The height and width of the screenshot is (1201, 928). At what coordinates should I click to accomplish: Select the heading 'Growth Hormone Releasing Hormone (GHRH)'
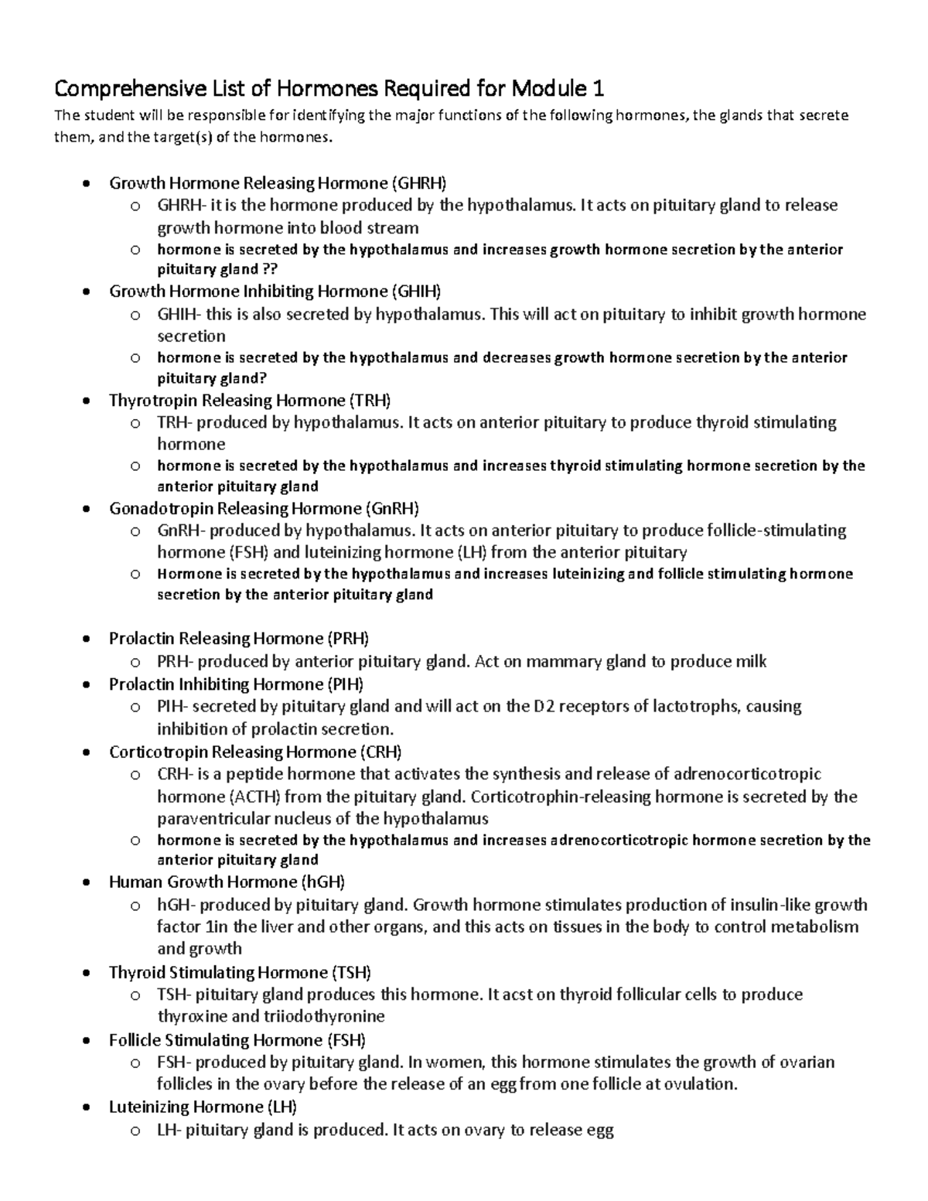tap(278, 183)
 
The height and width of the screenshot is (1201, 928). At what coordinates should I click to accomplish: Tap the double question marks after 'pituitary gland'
tap(271, 270)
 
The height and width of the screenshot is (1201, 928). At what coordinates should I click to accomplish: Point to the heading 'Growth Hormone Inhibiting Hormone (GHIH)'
tap(275, 292)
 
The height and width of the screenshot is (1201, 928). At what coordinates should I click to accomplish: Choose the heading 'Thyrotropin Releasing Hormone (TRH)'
tap(250, 401)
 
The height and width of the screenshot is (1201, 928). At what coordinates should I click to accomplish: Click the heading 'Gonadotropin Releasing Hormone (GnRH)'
tap(264, 509)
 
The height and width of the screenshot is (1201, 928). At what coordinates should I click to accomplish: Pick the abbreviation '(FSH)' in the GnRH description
tap(249, 552)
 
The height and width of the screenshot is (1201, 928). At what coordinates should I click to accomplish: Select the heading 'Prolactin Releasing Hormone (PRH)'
tap(239, 639)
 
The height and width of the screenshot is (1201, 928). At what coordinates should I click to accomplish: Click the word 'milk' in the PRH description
tap(752, 662)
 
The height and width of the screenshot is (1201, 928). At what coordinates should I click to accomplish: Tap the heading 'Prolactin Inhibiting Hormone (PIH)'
tap(236, 684)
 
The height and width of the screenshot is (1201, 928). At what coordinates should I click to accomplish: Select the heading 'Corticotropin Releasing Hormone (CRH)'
tap(255, 752)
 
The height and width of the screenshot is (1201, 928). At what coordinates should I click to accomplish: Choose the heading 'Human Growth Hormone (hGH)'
tap(227, 882)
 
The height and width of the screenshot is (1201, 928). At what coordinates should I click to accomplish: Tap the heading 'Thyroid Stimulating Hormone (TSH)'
tap(240, 973)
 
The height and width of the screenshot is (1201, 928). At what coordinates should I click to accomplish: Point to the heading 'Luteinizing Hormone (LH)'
tap(203, 1107)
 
